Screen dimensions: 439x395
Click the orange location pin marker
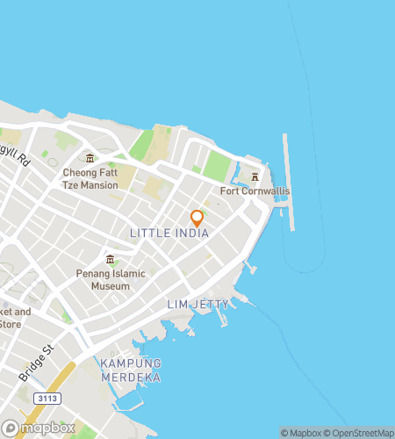click(197, 218)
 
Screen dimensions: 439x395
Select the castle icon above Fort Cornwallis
click(255, 176)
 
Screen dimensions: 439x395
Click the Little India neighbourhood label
click(169, 234)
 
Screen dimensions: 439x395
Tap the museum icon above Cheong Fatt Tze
click(90, 158)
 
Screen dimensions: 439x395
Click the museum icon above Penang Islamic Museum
click(110, 259)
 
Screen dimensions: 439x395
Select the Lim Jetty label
click(197, 304)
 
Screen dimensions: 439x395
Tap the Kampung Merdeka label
click(131, 370)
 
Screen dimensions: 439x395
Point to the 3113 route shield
click(47, 398)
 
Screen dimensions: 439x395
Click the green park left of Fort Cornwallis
click(217, 165)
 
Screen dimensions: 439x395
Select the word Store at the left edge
click(11, 324)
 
